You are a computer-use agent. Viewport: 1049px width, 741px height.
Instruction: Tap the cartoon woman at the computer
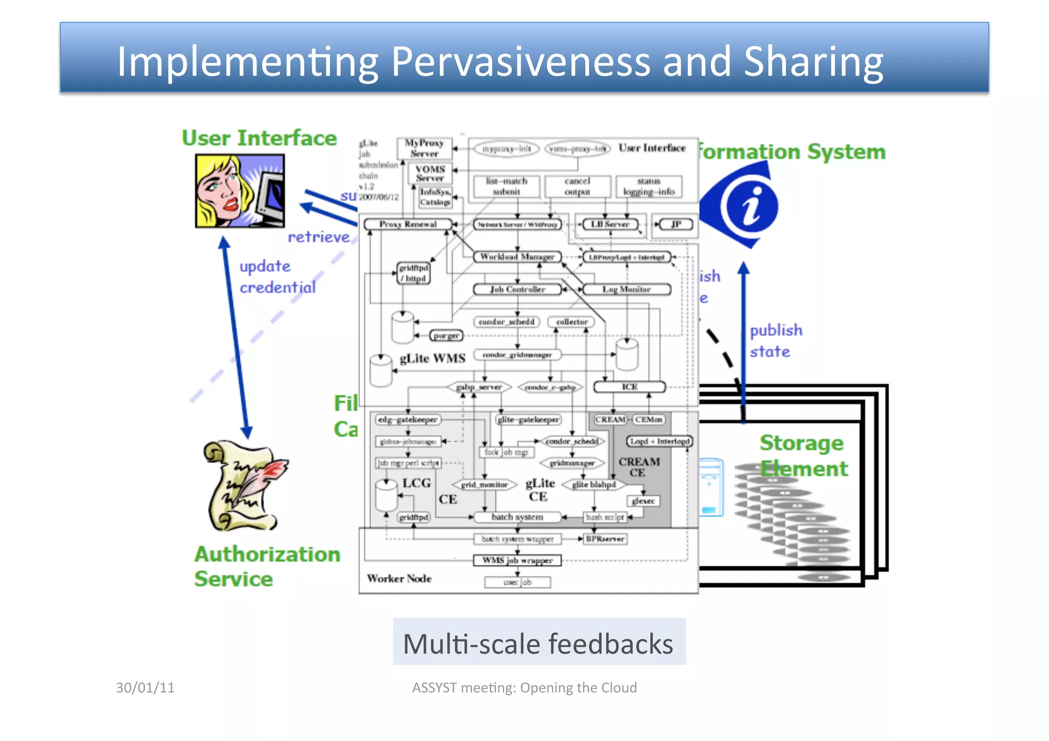[239, 190]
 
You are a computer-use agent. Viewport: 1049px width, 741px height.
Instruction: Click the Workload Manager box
[517, 257]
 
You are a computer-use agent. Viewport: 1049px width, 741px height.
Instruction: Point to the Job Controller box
[517, 289]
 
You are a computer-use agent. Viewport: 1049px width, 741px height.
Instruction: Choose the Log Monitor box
[626, 289]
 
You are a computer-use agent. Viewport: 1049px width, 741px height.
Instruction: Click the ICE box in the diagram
[630, 387]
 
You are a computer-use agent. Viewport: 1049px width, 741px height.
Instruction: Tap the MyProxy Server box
[424, 148]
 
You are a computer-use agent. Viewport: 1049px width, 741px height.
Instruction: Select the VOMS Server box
[430, 174]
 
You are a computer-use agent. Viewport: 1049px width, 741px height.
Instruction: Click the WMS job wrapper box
[517, 560]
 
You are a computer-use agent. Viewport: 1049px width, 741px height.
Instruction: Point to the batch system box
[517, 517]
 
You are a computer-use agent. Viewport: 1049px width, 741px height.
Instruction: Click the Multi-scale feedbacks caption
[538, 643]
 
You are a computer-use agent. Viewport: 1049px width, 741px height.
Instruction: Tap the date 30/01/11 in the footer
[145, 687]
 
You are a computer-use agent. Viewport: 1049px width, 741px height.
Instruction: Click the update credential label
[277, 277]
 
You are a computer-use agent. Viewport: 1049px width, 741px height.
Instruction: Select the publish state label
[775, 341]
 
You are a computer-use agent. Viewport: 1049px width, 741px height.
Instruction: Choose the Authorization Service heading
[266, 566]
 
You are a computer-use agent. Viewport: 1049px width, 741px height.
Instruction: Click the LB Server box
[610, 224]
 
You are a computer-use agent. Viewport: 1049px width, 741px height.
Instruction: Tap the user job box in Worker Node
[517, 582]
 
